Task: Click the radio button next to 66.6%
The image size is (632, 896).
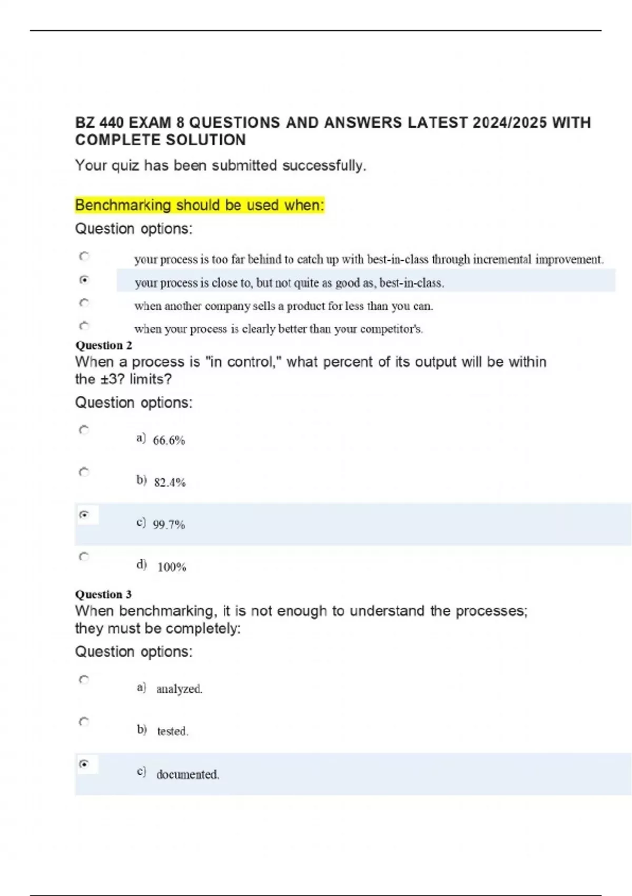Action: pyautogui.click(x=84, y=430)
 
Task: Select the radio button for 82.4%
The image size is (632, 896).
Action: pyautogui.click(x=84, y=472)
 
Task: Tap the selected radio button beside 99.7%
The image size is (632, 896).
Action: pyautogui.click(x=84, y=514)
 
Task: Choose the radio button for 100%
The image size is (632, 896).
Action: pyautogui.click(x=84, y=557)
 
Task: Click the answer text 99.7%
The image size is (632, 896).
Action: pyautogui.click(x=169, y=524)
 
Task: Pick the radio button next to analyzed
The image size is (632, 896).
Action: pyautogui.click(x=84, y=679)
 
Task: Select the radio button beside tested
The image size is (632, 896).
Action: pyautogui.click(x=84, y=722)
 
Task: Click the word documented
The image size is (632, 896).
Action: pyautogui.click(x=187, y=774)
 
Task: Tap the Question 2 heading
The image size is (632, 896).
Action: pyautogui.click(x=104, y=345)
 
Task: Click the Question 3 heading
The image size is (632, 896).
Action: pyautogui.click(x=104, y=594)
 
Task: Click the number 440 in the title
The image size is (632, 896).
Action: pyautogui.click(x=111, y=123)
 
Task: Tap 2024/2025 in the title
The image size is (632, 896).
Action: pyautogui.click(x=509, y=123)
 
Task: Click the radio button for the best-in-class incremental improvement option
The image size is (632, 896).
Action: pyautogui.click(x=84, y=256)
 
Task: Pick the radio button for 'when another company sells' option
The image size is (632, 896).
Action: pyautogui.click(x=84, y=303)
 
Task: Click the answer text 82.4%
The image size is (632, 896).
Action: pyautogui.click(x=170, y=482)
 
